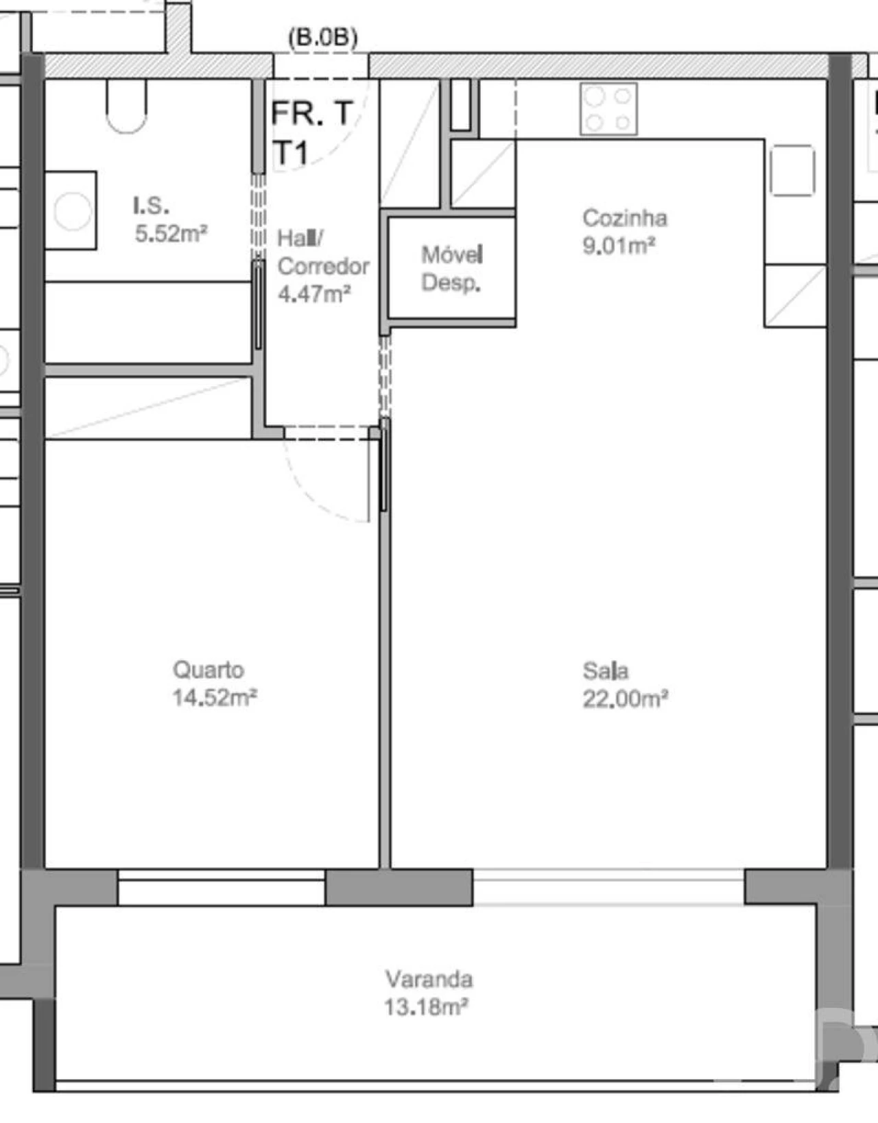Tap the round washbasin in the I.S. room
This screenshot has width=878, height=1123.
72,210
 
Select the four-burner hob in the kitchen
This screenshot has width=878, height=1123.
608,109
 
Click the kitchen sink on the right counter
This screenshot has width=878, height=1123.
792,170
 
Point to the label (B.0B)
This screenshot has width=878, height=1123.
323,37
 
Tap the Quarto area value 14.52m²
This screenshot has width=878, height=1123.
214,698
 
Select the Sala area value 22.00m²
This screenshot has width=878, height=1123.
625,699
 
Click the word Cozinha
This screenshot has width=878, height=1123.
624,218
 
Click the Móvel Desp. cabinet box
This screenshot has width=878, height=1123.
451,268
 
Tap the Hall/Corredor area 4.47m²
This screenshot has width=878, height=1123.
314,294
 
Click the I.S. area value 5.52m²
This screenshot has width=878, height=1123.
171,234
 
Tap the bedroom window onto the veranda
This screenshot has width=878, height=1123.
221,888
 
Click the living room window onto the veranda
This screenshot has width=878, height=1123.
608,887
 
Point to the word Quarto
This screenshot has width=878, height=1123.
208,670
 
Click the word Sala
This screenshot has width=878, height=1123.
605,671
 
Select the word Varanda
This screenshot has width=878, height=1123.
429,978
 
